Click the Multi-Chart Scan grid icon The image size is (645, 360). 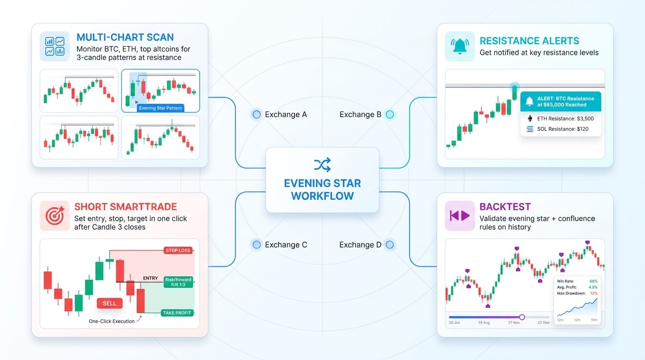coord(55,46)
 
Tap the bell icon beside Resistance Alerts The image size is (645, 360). coord(460,46)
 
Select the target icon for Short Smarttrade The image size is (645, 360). coord(55,216)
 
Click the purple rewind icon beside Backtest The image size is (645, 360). coord(460,216)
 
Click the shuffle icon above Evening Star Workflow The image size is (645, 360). coord(322,165)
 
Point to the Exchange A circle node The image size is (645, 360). coord(256,114)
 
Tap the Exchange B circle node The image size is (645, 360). coord(390,114)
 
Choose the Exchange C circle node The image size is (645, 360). coord(256,245)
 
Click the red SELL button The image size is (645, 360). coord(109,303)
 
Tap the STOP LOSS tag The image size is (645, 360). coord(178,250)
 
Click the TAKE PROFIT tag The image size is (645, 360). coord(178,313)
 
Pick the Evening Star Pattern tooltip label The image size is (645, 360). coord(161,108)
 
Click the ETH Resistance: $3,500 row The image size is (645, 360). coord(560,119)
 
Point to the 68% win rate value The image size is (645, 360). coord(593,281)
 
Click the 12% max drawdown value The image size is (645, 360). coord(593,293)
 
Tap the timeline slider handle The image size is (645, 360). coord(522,317)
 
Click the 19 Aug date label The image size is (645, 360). coord(484,323)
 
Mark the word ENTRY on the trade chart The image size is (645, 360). coord(150,278)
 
